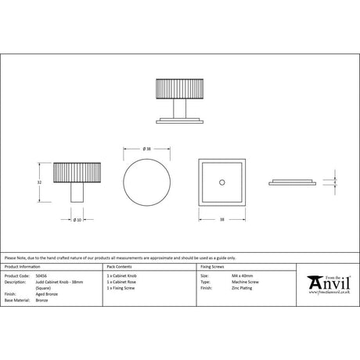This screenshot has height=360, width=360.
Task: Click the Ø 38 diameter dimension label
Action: (147, 149)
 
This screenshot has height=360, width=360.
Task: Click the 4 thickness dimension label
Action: (336, 181)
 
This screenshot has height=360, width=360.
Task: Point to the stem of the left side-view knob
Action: (78, 193)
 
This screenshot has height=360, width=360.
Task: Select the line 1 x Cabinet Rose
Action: (123, 283)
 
